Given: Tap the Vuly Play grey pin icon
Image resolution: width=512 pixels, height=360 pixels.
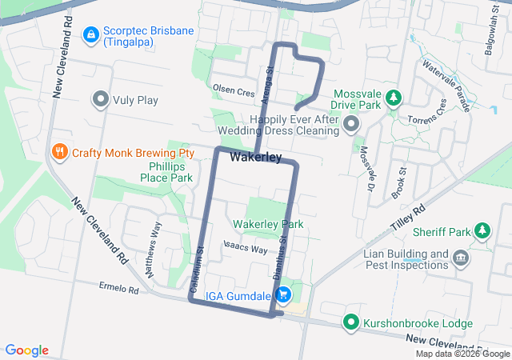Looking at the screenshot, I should tap(101, 100).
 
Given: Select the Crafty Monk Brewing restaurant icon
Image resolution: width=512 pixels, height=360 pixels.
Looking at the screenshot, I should tap(59, 152).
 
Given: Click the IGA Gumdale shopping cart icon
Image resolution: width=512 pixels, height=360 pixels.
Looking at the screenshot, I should tap(282, 296).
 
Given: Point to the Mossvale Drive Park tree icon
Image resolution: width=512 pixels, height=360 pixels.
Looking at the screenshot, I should tap(393, 98).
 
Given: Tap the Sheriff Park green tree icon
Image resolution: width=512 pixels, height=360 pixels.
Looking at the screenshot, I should tap(482, 232).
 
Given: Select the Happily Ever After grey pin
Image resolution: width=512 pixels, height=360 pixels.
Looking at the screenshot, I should tap(353, 124).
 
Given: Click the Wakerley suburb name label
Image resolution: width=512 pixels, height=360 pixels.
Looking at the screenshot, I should tap(255, 158).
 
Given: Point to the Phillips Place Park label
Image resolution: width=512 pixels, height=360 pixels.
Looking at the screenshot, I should tap(166, 172).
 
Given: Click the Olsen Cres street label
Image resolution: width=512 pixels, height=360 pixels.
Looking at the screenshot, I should tap(233, 90).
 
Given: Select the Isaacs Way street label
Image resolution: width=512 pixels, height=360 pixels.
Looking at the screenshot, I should tap(245, 249).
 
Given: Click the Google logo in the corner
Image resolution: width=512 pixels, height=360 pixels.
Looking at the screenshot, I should tap(27, 350).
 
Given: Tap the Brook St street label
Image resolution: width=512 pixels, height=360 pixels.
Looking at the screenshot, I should tap(399, 183).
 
